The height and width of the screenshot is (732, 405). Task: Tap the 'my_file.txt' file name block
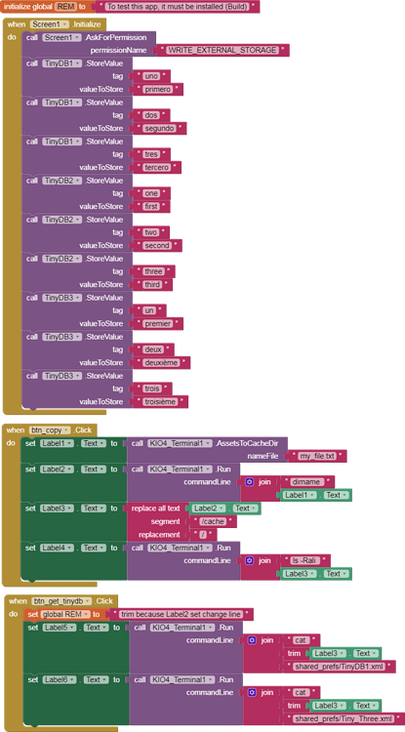click(316, 456)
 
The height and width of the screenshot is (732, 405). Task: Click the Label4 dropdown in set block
click(59, 548)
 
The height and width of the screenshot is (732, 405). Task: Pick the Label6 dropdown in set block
click(59, 679)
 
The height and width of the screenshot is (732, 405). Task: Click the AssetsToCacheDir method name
click(250, 442)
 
